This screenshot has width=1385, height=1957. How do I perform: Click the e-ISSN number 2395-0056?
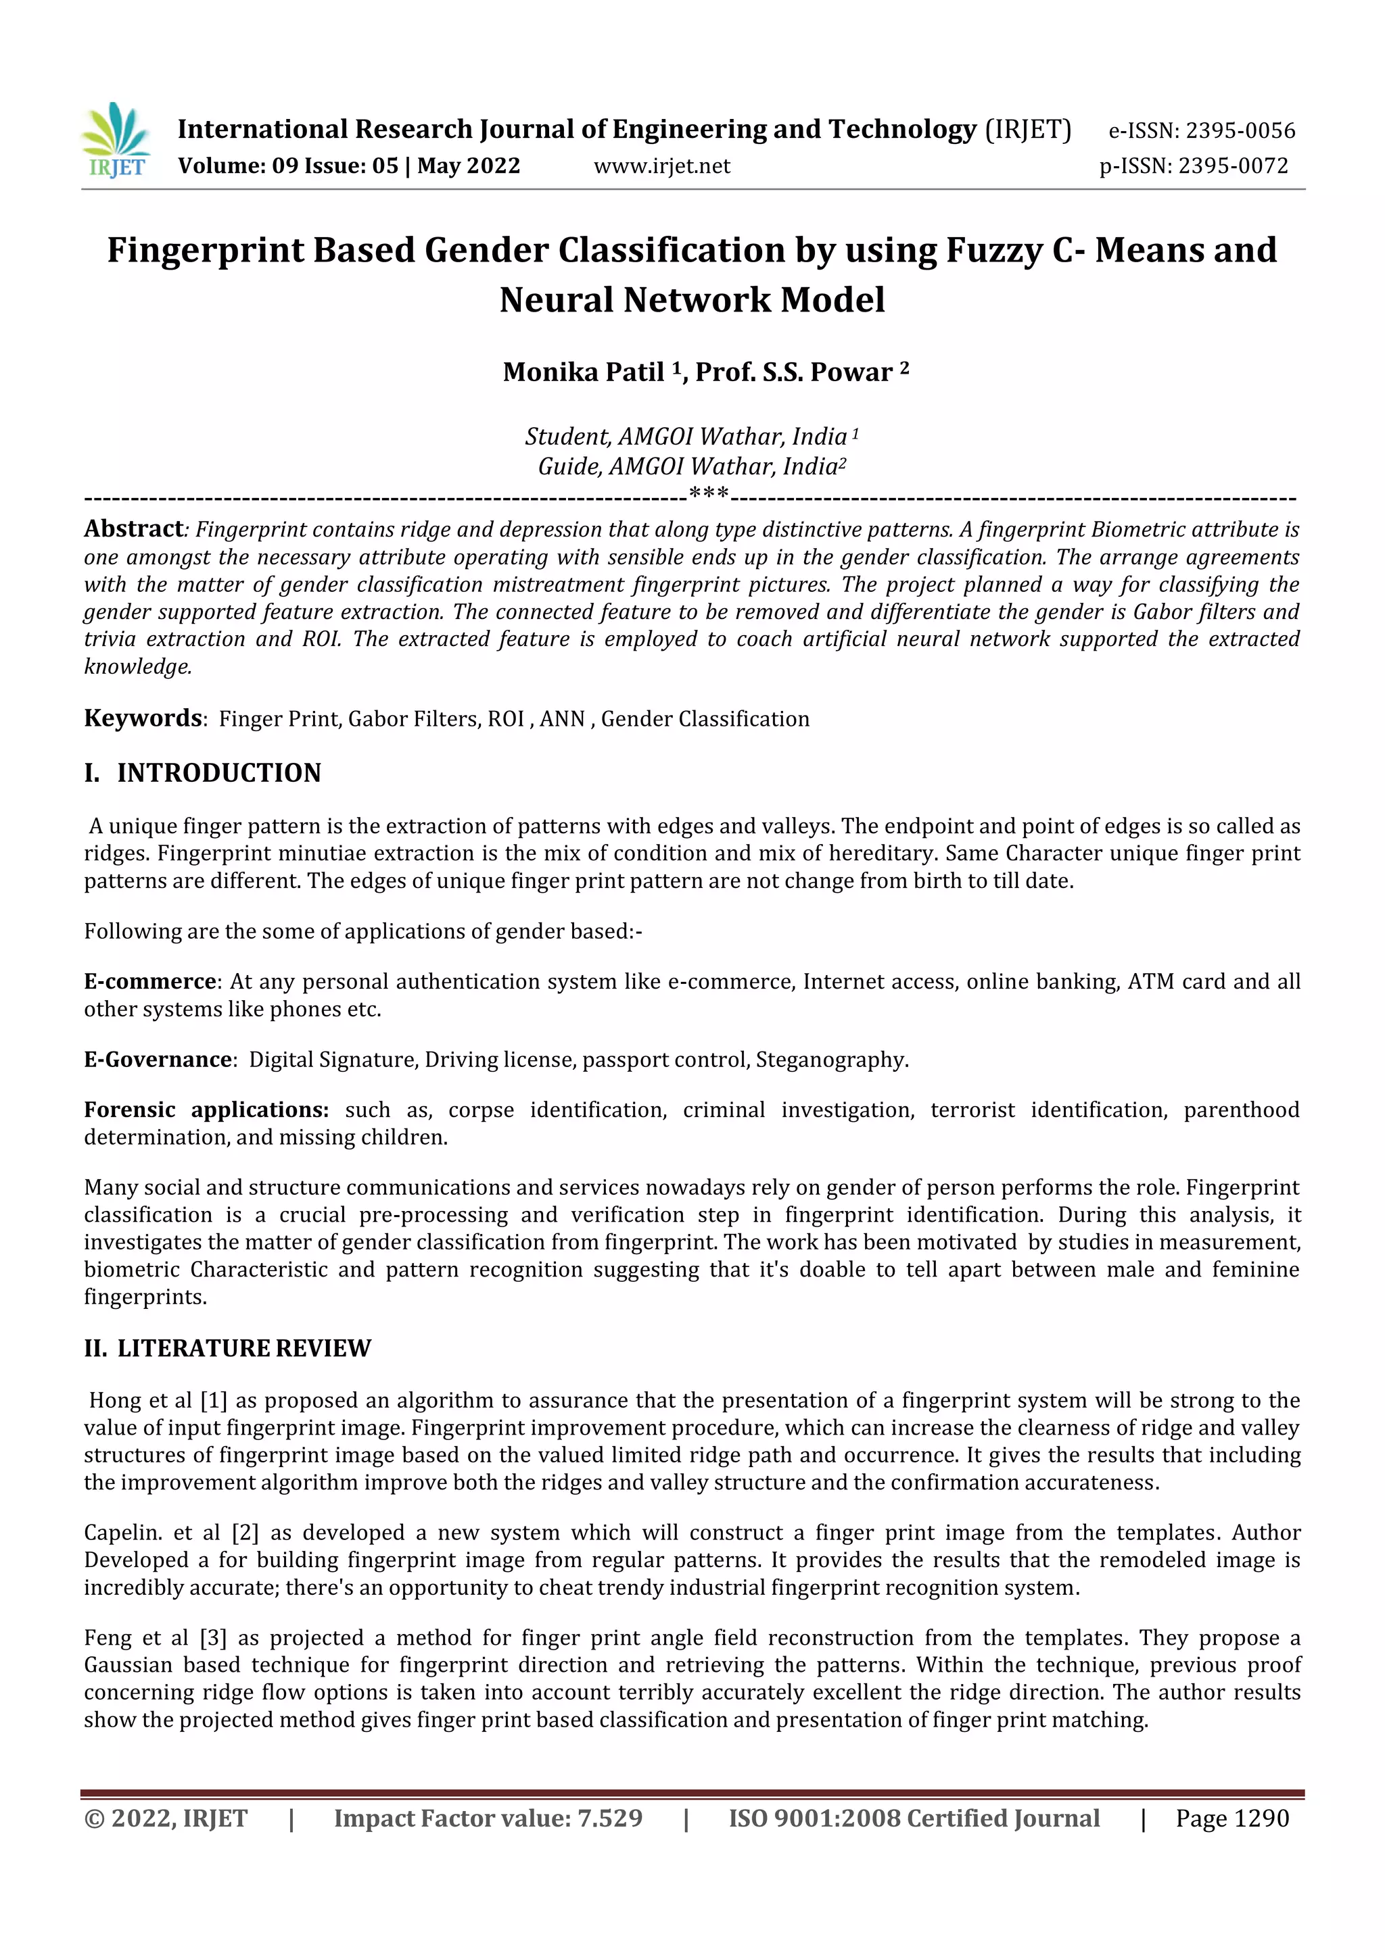click(x=1240, y=130)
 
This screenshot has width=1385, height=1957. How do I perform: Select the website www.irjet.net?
click(x=662, y=166)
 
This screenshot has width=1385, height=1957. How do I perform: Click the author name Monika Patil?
click(x=584, y=372)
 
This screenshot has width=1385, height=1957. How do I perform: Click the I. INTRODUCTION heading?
click(x=203, y=773)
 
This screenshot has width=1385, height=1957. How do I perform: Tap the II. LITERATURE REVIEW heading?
click(x=228, y=1347)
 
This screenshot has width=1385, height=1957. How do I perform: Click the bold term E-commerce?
click(x=150, y=981)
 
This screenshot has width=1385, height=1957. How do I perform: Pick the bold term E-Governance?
click(x=158, y=1060)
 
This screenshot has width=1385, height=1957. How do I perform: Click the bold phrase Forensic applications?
click(x=206, y=1110)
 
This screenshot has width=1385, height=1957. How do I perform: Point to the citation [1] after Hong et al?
click(x=213, y=1400)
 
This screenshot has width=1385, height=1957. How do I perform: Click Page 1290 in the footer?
click(x=1231, y=1818)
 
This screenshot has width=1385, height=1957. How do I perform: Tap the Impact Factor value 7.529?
click(x=610, y=1818)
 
